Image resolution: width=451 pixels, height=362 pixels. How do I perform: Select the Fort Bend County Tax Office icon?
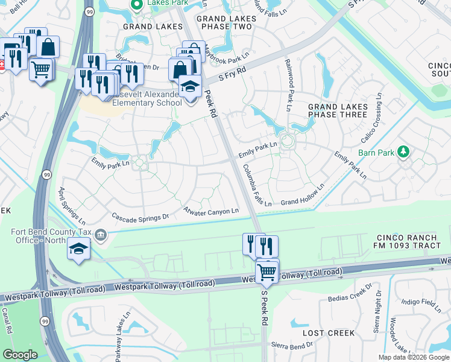101,234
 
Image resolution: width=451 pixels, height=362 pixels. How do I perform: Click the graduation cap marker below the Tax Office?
79,249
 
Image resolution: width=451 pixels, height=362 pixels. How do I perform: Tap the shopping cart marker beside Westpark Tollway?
267,271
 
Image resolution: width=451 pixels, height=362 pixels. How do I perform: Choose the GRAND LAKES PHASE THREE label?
337,110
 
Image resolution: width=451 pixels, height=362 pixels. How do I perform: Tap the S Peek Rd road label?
263,307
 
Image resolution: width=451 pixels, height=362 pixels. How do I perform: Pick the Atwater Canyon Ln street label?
212,211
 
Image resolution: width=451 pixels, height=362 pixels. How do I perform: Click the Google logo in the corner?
20,355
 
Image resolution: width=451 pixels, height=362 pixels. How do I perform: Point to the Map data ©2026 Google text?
414,357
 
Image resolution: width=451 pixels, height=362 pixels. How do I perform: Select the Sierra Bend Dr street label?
292,345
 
